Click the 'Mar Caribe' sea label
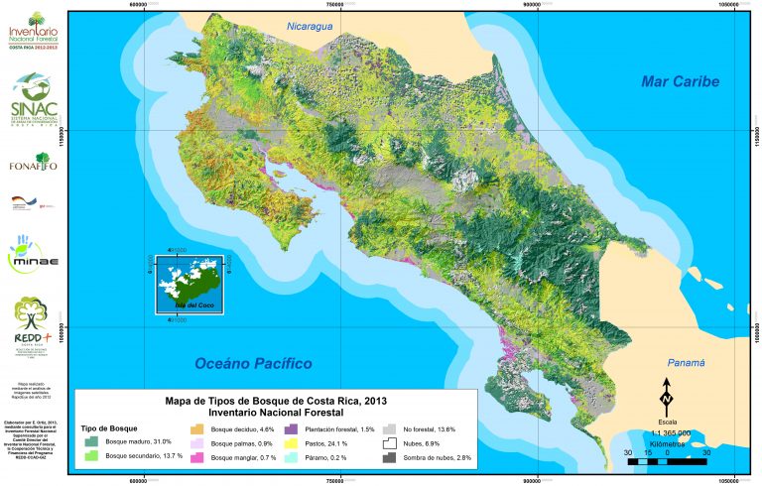[x=679, y=81]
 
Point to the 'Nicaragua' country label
[x=305, y=26]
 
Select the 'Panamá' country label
[x=684, y=363]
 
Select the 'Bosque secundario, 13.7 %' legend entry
[x=138, y=455]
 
